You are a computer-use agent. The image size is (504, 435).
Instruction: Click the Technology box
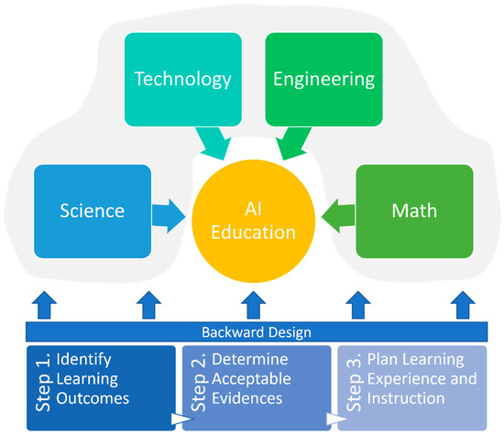click(183, 79)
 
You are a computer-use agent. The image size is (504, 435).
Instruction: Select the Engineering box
click(323, 79)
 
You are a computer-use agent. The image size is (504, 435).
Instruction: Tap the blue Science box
click(92, 210)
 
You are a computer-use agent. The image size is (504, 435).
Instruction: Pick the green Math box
click(413, 210)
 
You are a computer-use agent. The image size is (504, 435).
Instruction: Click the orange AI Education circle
click(253, 219)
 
